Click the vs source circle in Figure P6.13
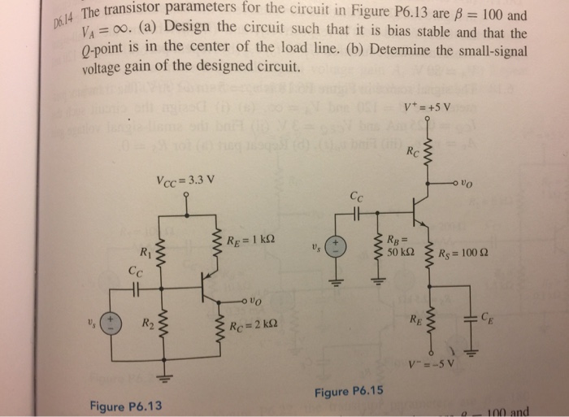click(x=111, y=324)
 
